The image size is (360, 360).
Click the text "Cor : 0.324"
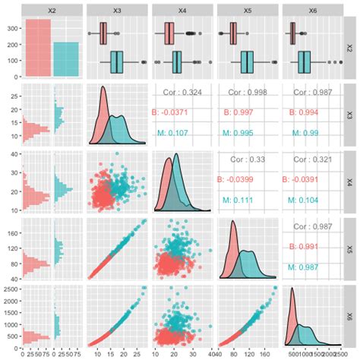[182, 93]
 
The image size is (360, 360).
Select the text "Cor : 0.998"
[247, 93]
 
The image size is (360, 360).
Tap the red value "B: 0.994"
[311, 112]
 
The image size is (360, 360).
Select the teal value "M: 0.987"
[311, 267]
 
